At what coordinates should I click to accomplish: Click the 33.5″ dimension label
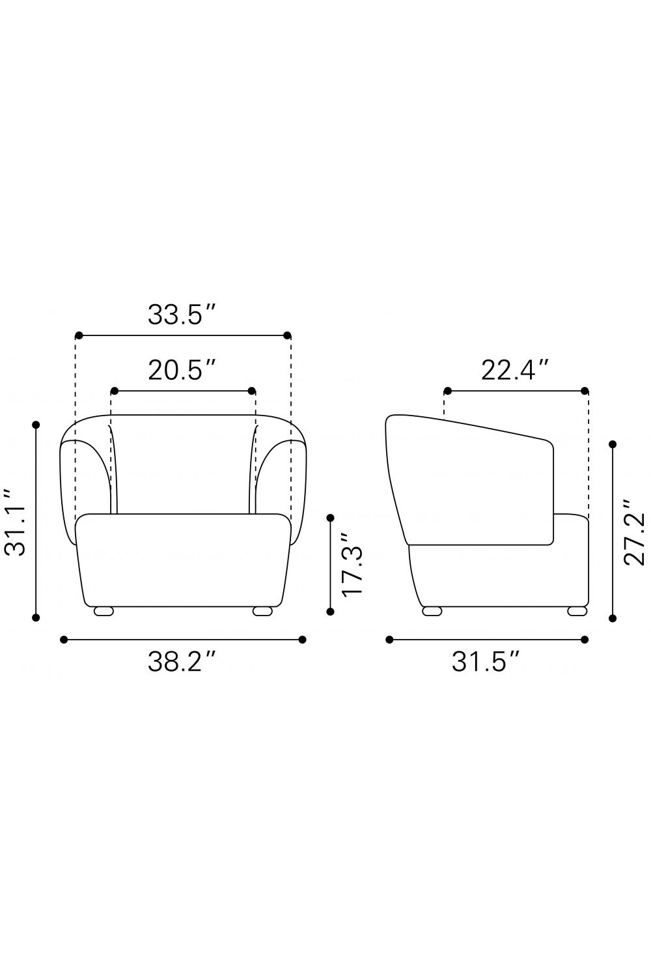tap(182, 315)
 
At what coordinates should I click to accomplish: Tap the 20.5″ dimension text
tap(182, 371)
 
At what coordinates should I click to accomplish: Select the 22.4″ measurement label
tap(514, 371)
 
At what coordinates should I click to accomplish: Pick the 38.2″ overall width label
tap(182, 662)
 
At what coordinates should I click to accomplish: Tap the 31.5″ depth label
tap(486, 662)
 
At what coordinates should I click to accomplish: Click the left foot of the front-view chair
tap(104, 612)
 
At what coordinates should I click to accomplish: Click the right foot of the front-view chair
tap(262, 612)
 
